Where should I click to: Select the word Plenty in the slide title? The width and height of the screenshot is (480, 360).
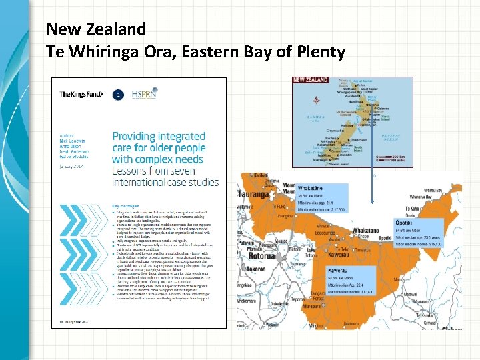319,51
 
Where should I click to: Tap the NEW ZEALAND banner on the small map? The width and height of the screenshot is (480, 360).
311,80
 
